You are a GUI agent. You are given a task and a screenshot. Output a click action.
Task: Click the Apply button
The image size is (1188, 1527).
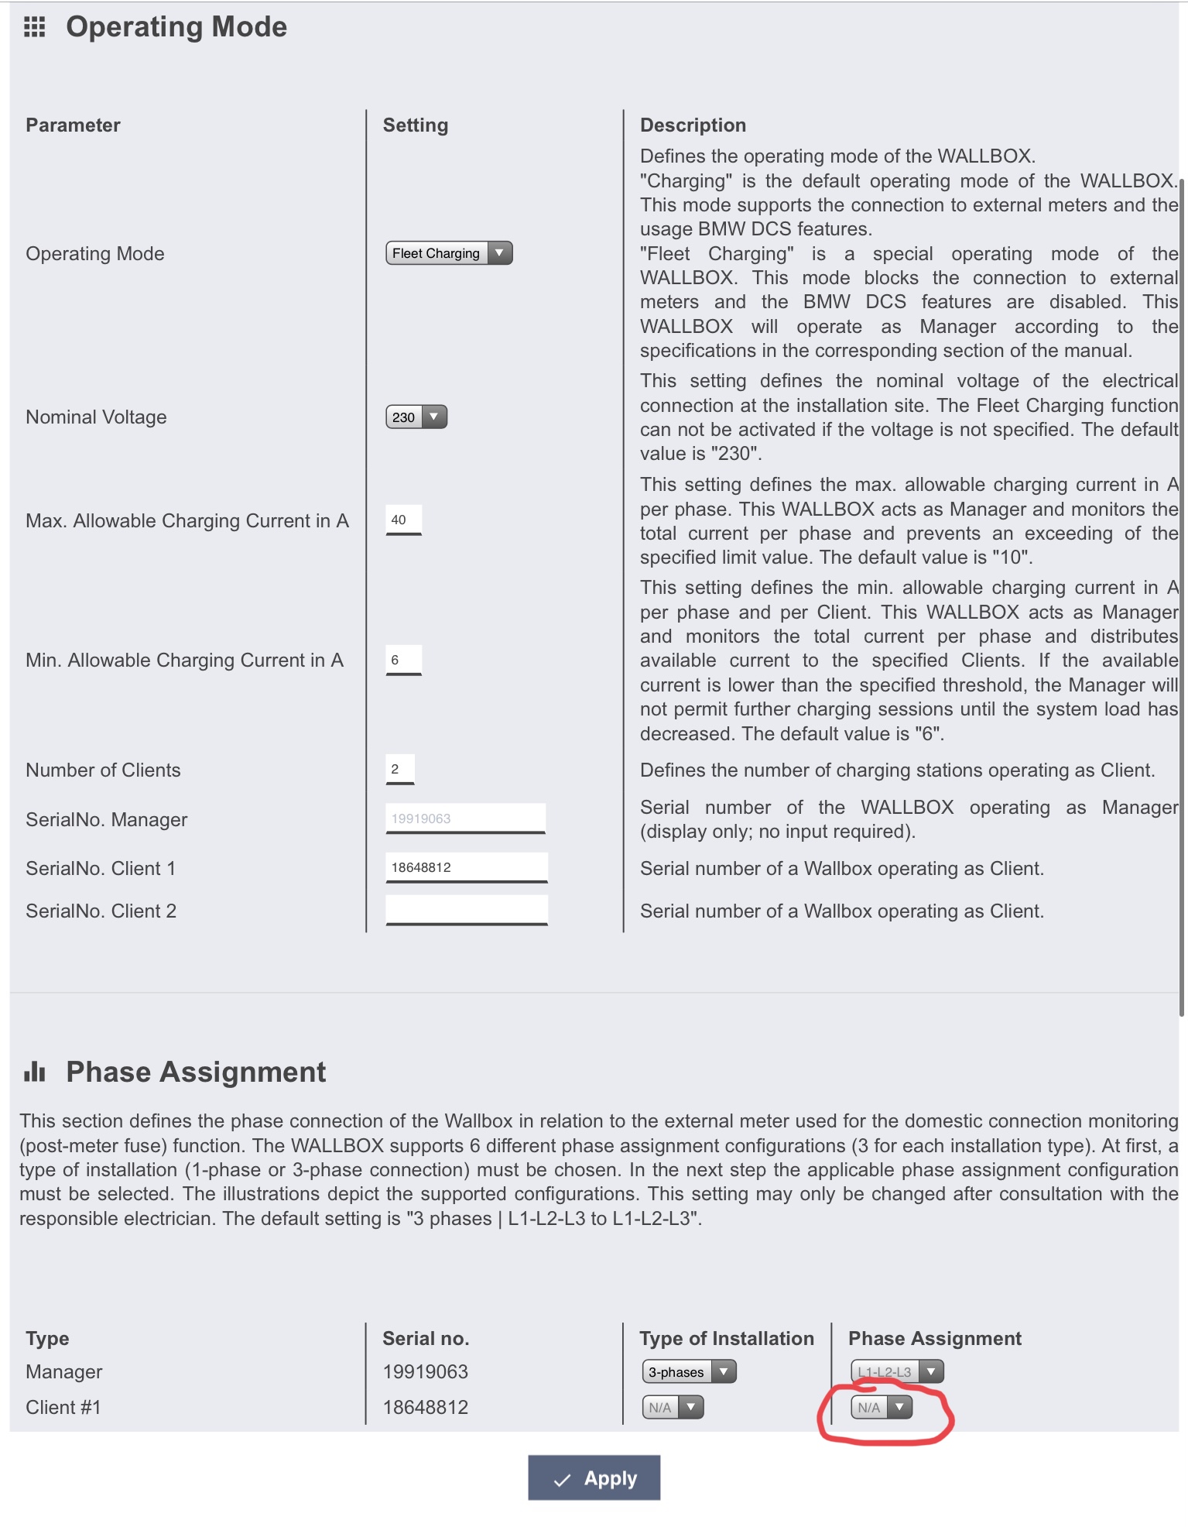point(594,1478)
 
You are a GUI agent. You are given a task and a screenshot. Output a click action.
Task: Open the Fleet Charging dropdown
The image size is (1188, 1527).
point(449,253)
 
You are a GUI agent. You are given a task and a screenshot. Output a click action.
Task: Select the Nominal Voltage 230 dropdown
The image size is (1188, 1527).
point(416,417)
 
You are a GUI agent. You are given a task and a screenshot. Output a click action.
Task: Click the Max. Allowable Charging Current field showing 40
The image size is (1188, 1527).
point(403,520)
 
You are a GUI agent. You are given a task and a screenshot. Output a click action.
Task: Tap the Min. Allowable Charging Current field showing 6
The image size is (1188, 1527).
point(403,660)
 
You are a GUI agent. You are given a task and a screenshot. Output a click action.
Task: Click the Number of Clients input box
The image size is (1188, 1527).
point(399,769)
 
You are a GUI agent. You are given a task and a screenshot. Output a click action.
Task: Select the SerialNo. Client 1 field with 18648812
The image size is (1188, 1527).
point(466,867)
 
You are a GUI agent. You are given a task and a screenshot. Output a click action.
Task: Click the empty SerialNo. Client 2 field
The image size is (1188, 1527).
point(466,909)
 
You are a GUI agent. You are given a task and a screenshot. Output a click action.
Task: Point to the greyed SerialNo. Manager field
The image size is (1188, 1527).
point(465,818)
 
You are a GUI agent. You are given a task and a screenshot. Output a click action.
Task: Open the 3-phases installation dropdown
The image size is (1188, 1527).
point(689,1372)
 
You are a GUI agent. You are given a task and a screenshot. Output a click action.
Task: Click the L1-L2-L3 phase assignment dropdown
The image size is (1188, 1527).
point(897,1372)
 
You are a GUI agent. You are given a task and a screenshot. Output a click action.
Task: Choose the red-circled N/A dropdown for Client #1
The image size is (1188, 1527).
point(882,1408)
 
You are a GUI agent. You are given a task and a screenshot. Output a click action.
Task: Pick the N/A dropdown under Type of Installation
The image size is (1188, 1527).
point(673,1408)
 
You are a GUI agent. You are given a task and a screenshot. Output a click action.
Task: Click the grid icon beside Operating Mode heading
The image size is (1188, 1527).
point(35,27)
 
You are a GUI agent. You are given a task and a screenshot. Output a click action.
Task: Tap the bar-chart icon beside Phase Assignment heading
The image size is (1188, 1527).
point(35,1072)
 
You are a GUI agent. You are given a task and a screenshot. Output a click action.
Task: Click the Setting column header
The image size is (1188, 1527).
point(416,125)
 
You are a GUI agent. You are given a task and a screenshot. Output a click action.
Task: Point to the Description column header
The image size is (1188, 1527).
point(693,125)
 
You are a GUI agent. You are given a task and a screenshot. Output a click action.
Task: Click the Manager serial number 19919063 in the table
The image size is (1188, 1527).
point(425,1372)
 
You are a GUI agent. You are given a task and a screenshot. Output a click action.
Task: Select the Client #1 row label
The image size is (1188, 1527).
point(63,1408)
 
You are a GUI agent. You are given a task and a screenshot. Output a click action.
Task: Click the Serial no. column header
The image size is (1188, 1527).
point(426,1339)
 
